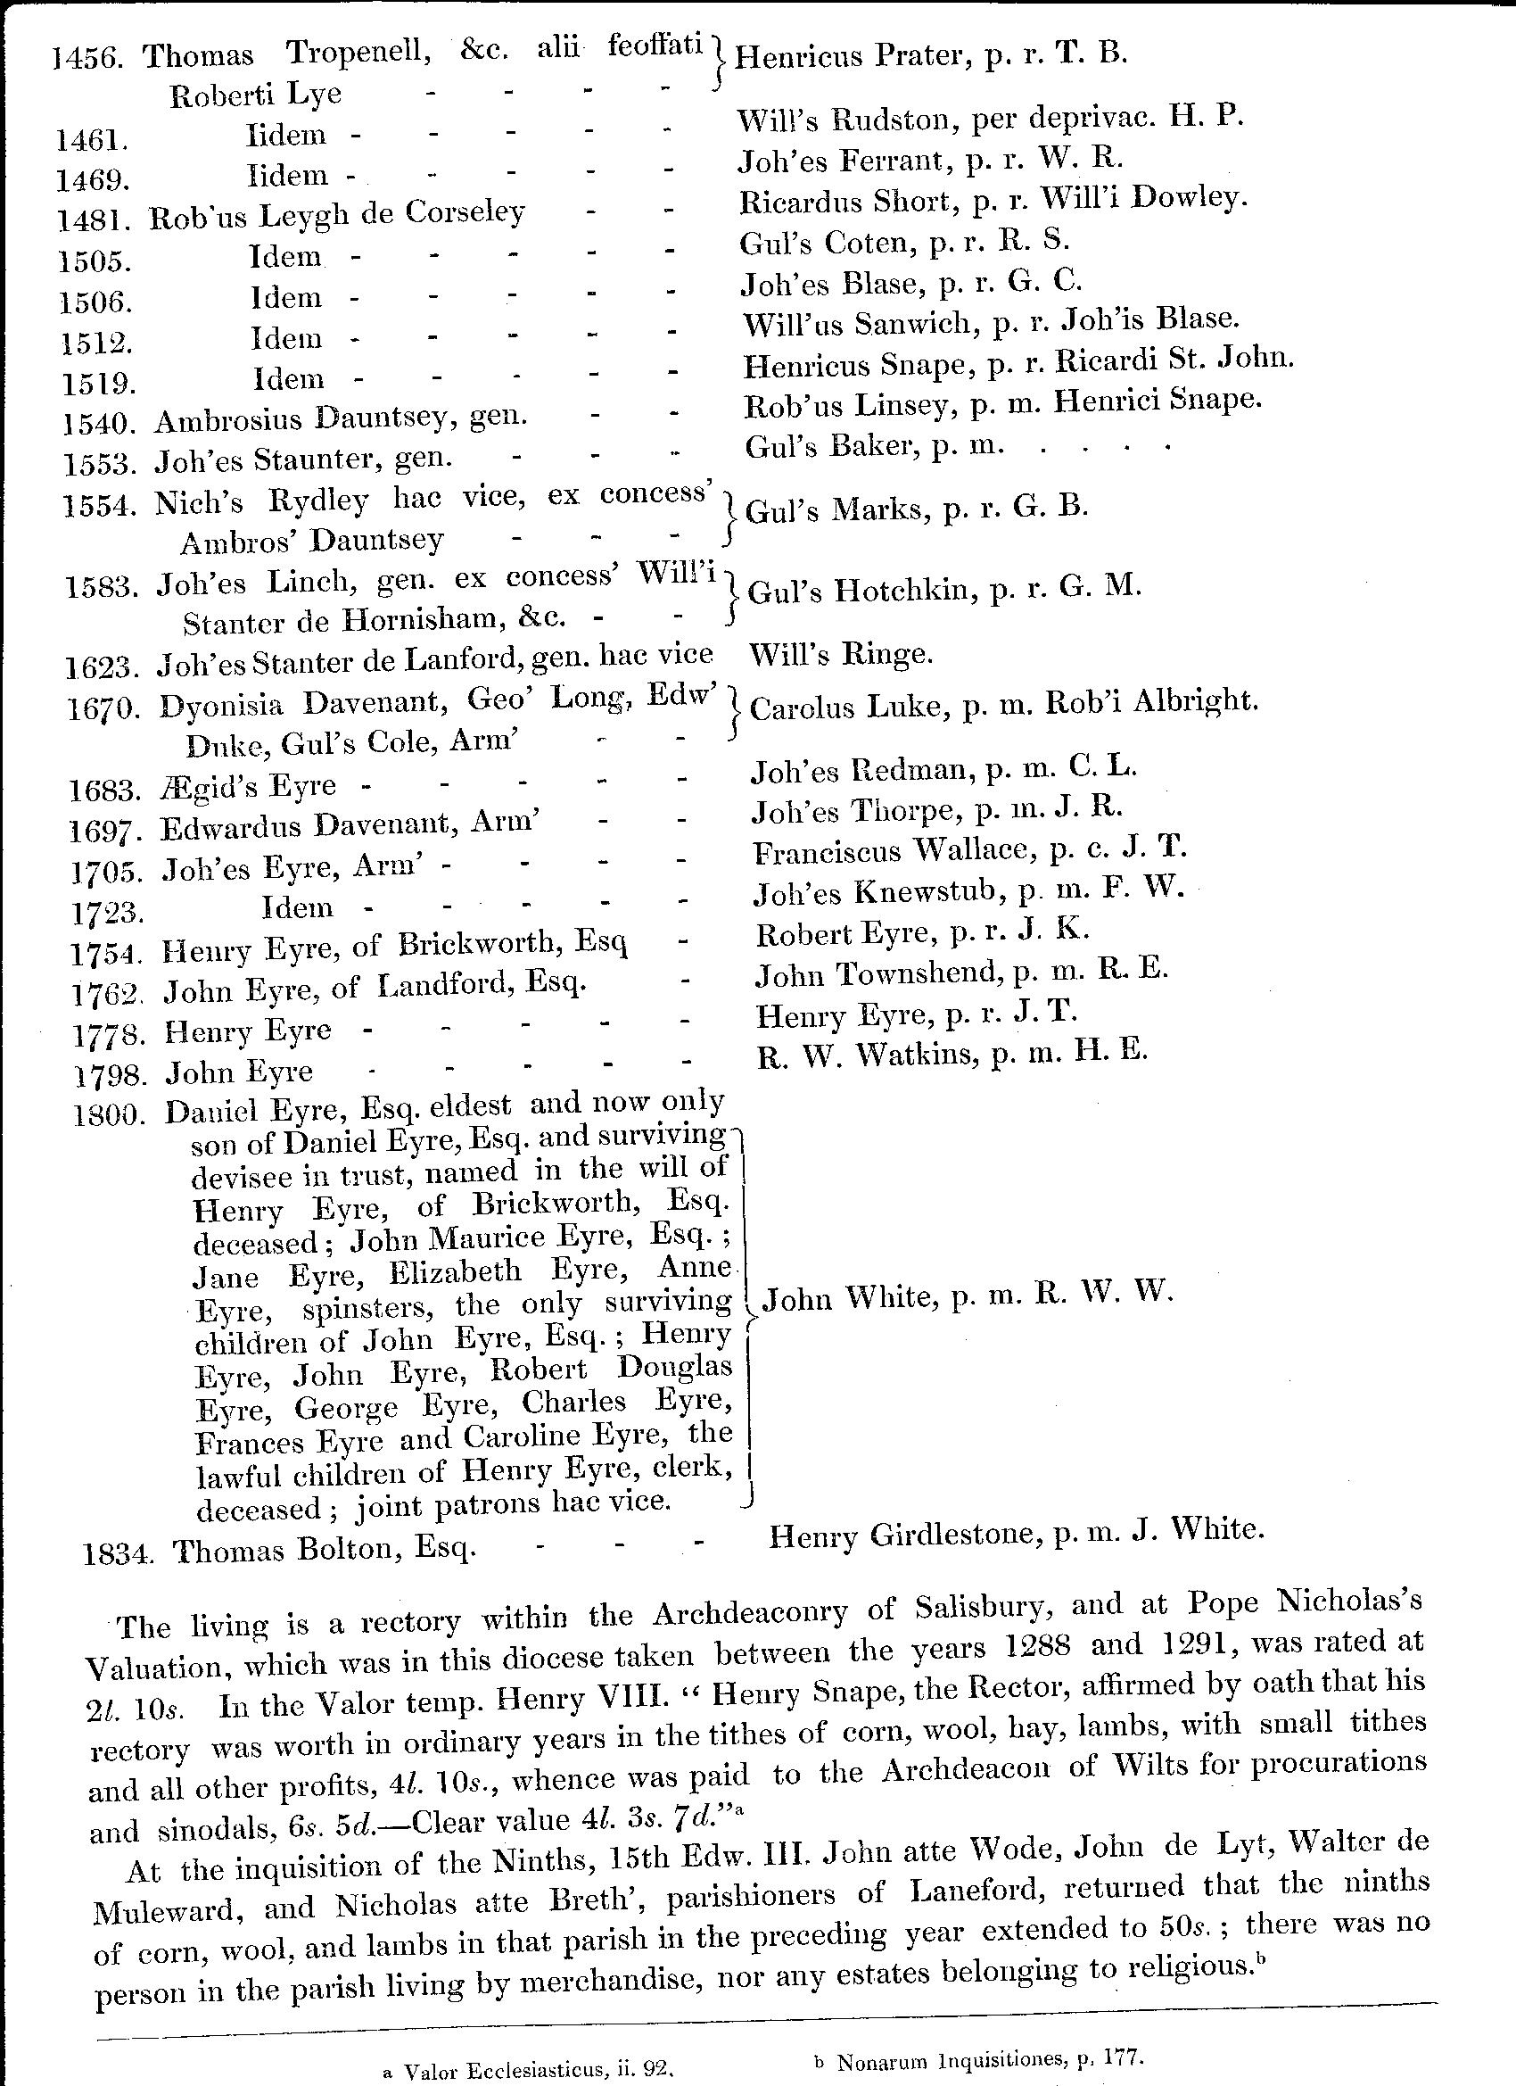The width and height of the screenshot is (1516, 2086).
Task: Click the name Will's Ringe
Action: [841, 655]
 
